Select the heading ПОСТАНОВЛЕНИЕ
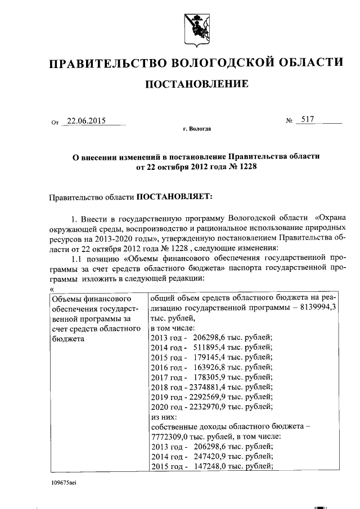click(197, 85)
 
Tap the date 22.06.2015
click(86, 120)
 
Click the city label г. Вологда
click(197, 129)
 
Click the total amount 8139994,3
click(317, 307)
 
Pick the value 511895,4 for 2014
click(208, 347)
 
